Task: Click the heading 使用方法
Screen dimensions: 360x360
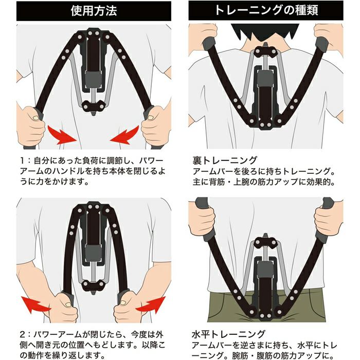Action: [x=94, y=11]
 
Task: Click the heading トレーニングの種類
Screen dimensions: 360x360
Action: [x=266, y=10]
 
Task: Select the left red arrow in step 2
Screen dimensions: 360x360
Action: [x=35, y=305]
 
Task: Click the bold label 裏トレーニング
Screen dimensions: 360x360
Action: [x=225, y=160]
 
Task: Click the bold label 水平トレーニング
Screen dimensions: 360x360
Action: [x=228, y=334]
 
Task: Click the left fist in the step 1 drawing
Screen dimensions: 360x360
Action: [x=31, y=125]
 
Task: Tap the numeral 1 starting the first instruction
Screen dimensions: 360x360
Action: [x=22, y=160]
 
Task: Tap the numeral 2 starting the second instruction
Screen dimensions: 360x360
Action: [x=23, y=334]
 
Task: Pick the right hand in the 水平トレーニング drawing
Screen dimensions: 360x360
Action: [x=329, y=218]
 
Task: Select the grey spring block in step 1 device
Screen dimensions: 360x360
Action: [x=93, y=79]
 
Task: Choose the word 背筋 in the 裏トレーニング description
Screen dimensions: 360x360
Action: [x=217, y=182]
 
